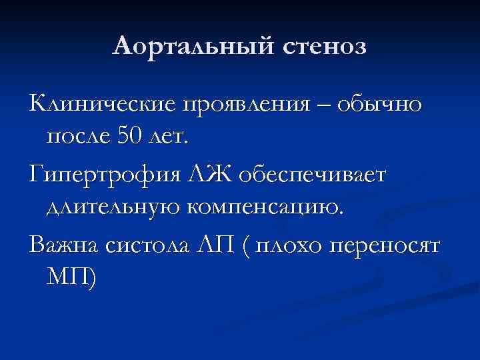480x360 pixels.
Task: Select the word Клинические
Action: click(101, 105)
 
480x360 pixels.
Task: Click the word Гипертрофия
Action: click(101, 175)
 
